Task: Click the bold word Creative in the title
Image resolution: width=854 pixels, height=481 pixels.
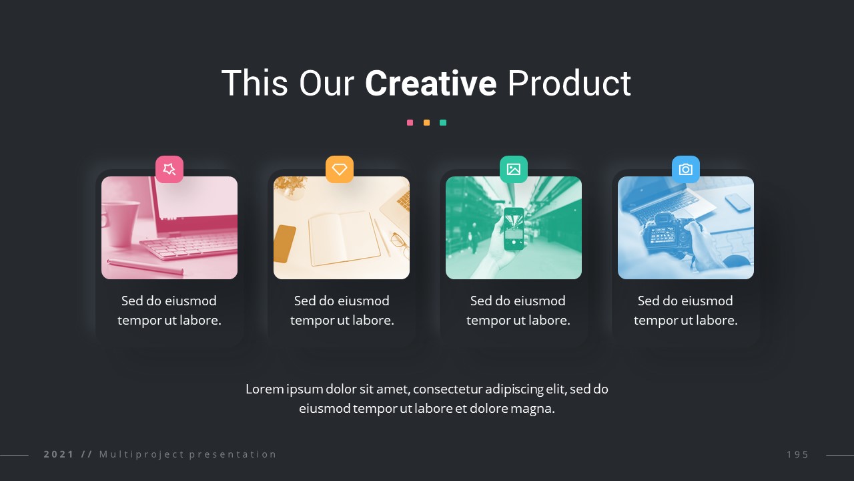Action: click(431, 84)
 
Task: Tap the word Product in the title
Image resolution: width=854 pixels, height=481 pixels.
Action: click(569, 84)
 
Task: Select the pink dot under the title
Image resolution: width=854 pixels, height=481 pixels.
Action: click(410, 122)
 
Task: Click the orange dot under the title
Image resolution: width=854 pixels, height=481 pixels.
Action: click(426, 122)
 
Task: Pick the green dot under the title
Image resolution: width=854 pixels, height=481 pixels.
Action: click(443, 122)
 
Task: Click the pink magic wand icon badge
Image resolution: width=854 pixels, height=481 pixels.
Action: click(169, 169)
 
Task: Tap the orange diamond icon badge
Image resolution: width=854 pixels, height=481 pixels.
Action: click(340, 169)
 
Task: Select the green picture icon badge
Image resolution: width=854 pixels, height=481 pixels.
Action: click(514, 169)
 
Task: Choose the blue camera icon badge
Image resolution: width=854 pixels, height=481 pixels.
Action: click(685, 169)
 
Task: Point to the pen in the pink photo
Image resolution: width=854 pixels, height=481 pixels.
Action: click(145, 267)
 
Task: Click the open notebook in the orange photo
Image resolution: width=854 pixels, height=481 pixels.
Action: click(344, 238)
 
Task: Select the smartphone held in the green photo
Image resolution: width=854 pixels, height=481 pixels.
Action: click(514, 228)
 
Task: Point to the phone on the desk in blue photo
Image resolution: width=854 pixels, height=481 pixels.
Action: click(737, 202)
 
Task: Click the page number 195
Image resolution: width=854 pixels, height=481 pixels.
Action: click(797, 454)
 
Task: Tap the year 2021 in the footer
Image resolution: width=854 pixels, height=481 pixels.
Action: click(59, 454)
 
